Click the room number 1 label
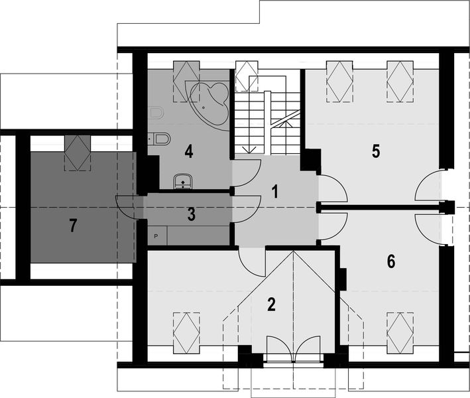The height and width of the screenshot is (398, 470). [x=274, y=192]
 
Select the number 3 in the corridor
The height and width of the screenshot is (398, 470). [x=191, y=214]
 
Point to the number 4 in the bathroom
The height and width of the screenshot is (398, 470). [x=189, y=152]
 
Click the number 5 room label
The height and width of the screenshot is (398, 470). [x=376, y=152]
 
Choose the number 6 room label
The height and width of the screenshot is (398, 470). [x=391, y=261]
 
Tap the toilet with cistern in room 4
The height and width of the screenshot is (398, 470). [x=160, y=139]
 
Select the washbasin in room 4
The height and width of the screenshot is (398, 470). [x=182, y=180]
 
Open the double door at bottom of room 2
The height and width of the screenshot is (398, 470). [x=292, y=350]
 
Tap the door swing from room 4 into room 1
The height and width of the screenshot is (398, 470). [x=245, y=174]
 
